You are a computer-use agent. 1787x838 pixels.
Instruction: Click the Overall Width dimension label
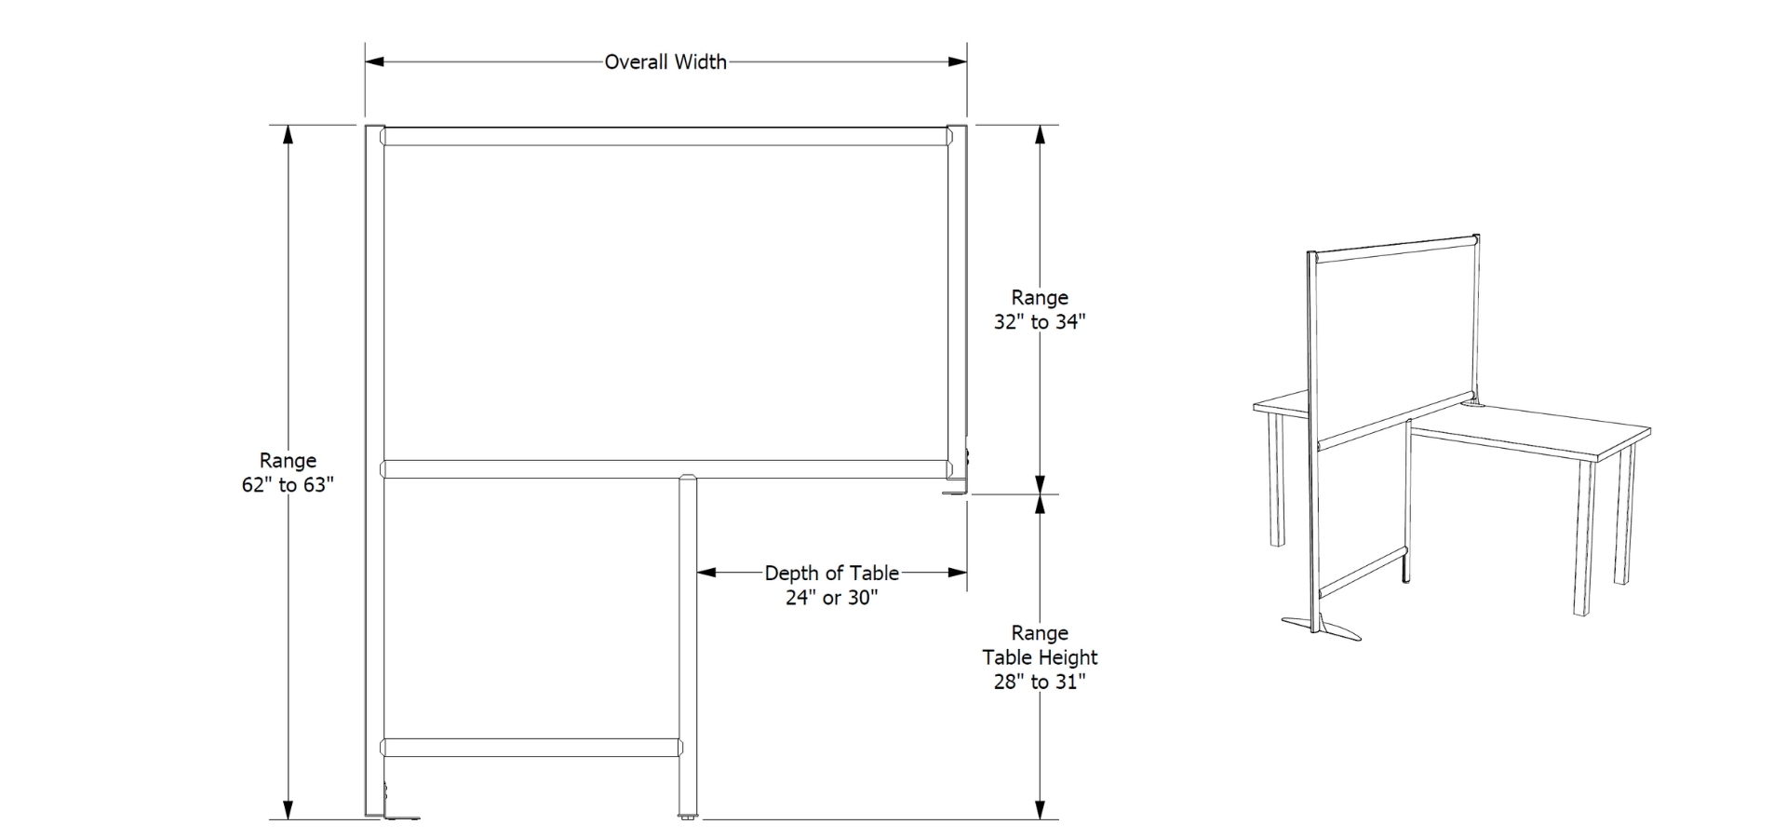click(x=665, y=62)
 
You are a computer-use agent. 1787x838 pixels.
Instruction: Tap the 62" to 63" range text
click(x=288, y=485)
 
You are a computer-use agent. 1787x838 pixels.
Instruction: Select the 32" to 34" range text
click(x=1040, y=322)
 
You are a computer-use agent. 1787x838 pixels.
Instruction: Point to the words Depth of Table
click(x=831, y=574)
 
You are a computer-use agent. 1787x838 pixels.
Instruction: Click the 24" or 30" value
click(x=831, y=598)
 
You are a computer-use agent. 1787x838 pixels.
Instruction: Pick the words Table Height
click(x=1040, y=657)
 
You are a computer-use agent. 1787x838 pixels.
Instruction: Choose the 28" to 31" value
click(x=1040, y=682)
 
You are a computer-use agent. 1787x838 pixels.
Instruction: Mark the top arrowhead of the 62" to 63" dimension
click(x=289, y=135)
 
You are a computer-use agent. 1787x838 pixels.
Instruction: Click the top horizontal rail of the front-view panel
click(x=665, y=137)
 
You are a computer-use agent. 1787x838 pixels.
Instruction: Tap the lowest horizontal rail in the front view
click(x=531, y=747)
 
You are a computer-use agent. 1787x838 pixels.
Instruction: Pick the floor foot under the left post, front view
click(x=402, y=817)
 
